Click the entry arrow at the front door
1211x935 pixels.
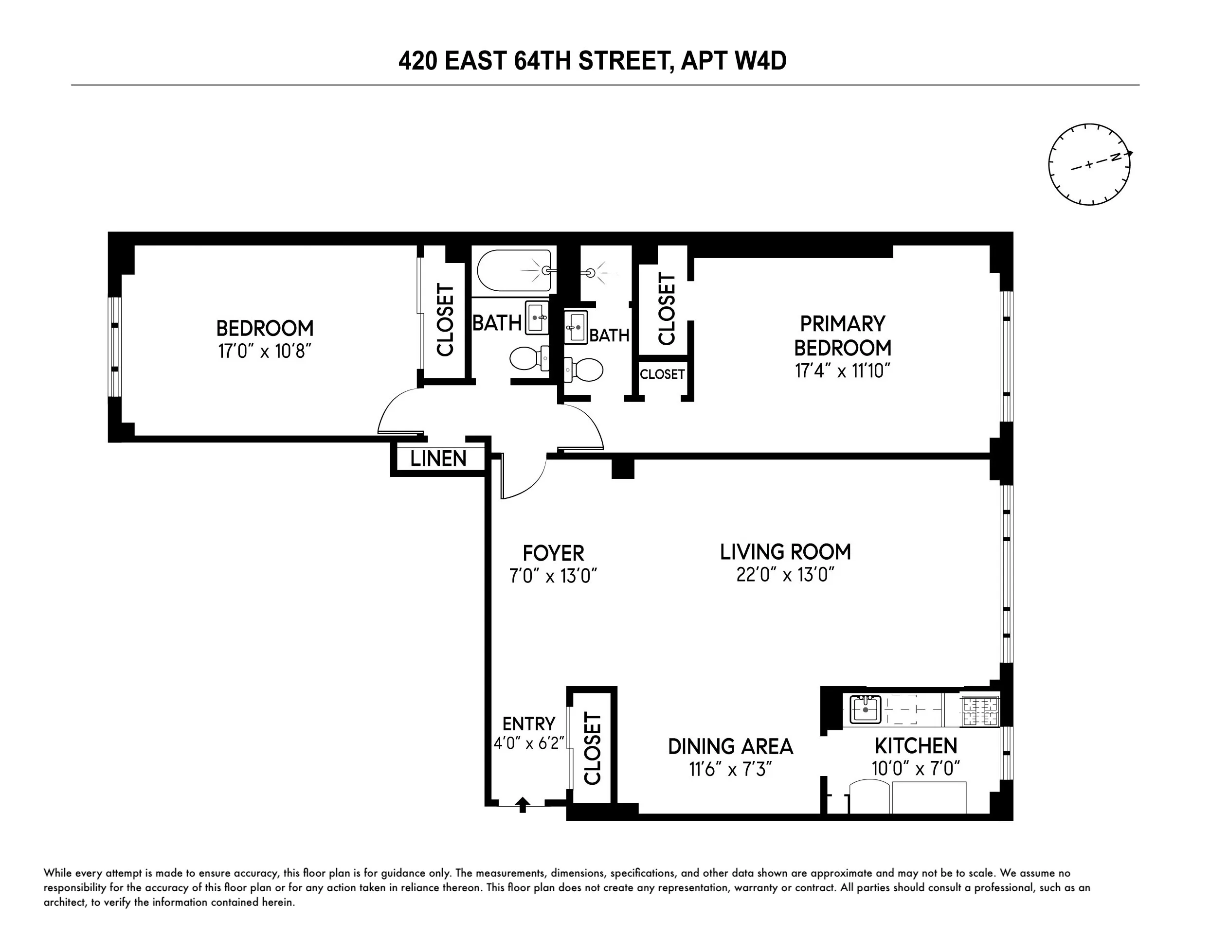click(x=523, y=804)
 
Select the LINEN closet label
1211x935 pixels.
click(x=438, y=459)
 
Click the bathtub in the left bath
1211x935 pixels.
click(x=513, y=270)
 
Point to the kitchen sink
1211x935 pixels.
click(x=866, y=709)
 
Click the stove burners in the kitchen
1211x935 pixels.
click(x=980, y=712)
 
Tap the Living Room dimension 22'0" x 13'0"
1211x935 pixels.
click(x=785, y=575)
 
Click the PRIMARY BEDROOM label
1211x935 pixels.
click(x=842, y=335)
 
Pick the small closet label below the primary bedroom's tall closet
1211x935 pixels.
click(x=662, y=374)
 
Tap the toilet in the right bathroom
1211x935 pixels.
click(x=584, y=370)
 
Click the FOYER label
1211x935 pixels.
click(x=553, y=553)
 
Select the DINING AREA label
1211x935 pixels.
click(x=730, y=746)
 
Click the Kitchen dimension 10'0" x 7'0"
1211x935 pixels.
click(x=916, y=769)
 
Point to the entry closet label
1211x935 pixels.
click(x=592, y=748)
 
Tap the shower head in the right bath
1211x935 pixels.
click(x=591, y=273)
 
